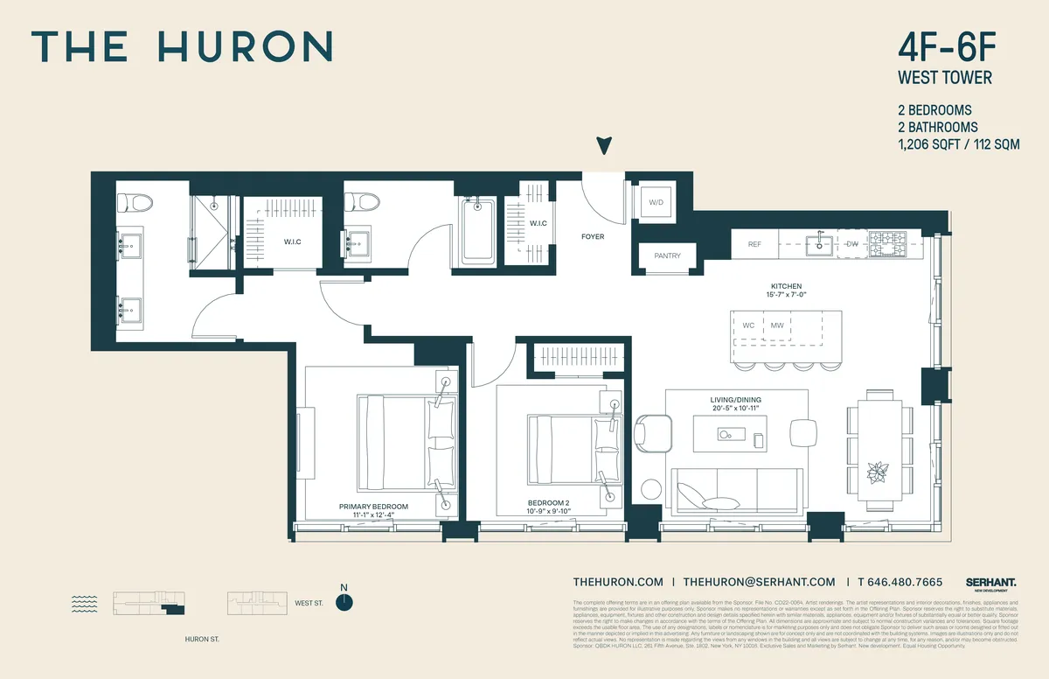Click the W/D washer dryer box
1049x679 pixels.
(x=655, y=204)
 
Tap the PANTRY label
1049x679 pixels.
(x=662, y=255)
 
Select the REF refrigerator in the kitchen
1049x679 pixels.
(x=754, y=245)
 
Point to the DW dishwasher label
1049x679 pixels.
(x=852, y=244)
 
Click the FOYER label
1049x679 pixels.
(x=593, y=237)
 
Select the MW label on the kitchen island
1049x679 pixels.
(x=777, y=325)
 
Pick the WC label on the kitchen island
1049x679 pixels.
(x=748, y=325)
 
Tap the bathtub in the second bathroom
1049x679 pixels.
(x=477, y=229)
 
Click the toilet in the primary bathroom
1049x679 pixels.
(x=135, y=202)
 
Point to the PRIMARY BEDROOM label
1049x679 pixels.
(x=373, y=507)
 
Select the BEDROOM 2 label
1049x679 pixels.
(x=548, y=502)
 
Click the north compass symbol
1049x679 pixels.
(x=345, y=601)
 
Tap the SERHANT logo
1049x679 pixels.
(x=990, y=582)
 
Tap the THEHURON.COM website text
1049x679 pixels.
(x=618, y=582)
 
